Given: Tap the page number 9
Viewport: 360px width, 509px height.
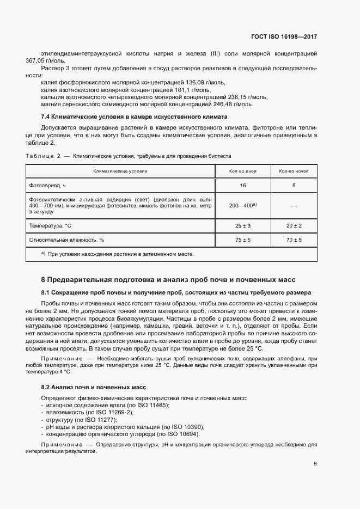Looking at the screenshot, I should pyautogui.click(x=315, y=464).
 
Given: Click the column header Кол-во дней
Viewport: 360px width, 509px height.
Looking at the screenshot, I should pyautogui.click(x=243, y=171).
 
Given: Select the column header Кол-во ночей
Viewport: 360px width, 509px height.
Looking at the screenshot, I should pyautogui.click(x=294, y=171).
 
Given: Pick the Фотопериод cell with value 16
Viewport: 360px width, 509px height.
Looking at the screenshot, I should pyautogui.click(x=243, y=185).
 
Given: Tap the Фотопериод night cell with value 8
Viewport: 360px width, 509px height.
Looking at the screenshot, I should pyautogui.click(x=294, y=185).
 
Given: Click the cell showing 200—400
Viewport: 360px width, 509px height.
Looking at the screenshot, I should pyautogui.click(x=243, y=206).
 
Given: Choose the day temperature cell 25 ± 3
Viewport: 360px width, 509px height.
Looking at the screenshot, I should pyautogui.click(x=243, y=225).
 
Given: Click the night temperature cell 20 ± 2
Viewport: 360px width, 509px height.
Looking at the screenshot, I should pyautogui.click(x=294, y=225).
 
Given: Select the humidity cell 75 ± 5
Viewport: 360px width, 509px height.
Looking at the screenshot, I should pyautogui.click(x=243, y=240).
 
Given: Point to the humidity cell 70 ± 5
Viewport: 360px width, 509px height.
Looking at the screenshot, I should pyautogui.click(x=294, y=240).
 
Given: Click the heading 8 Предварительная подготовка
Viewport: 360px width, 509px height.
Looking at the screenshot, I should pyautogui.click(x=168, y=279).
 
